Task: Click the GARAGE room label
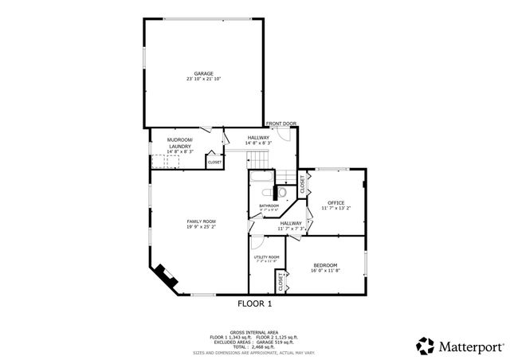pyautogui.click(x=204, y=73)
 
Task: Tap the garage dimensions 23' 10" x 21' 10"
pyautogui.click(x=204, y=79)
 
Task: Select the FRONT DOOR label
pyautogui.click(x=281, y=123)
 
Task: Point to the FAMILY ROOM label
pyautogui.click(x=202, y=221)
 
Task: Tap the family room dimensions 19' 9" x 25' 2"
pyautogui.click(x=202, y=227)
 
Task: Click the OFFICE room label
pyautogui.click(x=336, y=202)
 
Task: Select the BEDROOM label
pyautogui.click(x=324, y=265)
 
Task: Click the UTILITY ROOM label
pyautogui.click(x=266, y=256)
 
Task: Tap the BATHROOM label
pyautogui.click(x=269, y=205)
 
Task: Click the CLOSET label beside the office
pyautogui.click(x=303, y=184)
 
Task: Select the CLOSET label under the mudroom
pyautogui.click(x=215, y=162)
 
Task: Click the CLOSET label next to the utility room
pyautogui.click(x=280, y=281)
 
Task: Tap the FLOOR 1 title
pyautogui.click(x=255, y=303)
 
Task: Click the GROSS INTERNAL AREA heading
pyautogui.click(x=255, y=331)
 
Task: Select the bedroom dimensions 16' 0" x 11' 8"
pyautogui.click(x=324, y=271)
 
